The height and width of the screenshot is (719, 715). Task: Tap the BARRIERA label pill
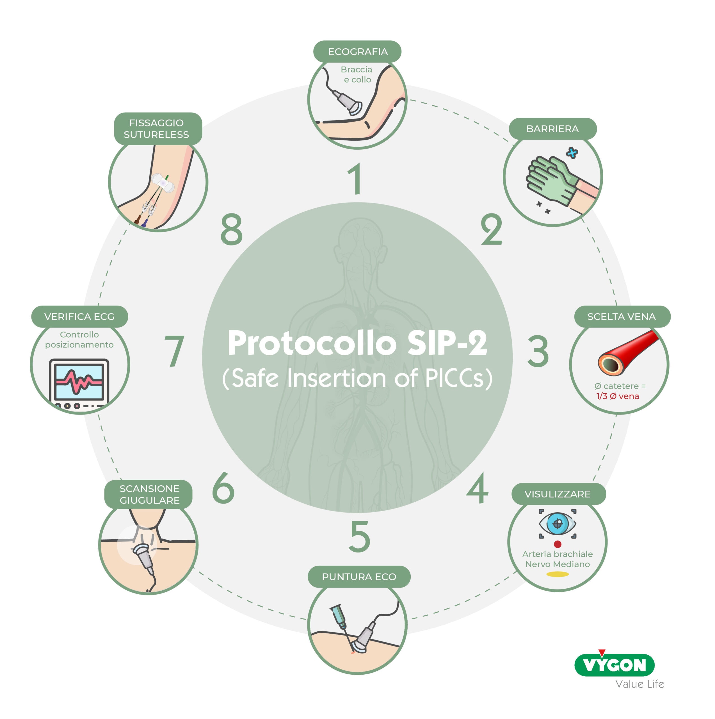point(552,129)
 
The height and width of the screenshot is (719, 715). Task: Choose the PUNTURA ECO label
point(359,577)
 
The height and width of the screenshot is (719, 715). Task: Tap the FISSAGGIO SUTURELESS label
point(158,129)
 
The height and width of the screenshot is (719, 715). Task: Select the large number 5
point(360,536)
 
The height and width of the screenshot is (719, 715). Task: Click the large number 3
point(538,351)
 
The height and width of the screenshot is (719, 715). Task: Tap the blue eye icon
point(558,524)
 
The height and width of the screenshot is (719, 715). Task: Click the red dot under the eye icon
point(558,544)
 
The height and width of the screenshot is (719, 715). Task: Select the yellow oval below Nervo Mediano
point(558,574)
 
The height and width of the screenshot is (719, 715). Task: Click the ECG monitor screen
point(79,381)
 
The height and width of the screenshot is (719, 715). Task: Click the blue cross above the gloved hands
point(572,153)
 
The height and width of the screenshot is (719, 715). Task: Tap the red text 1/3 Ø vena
point(618,396)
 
